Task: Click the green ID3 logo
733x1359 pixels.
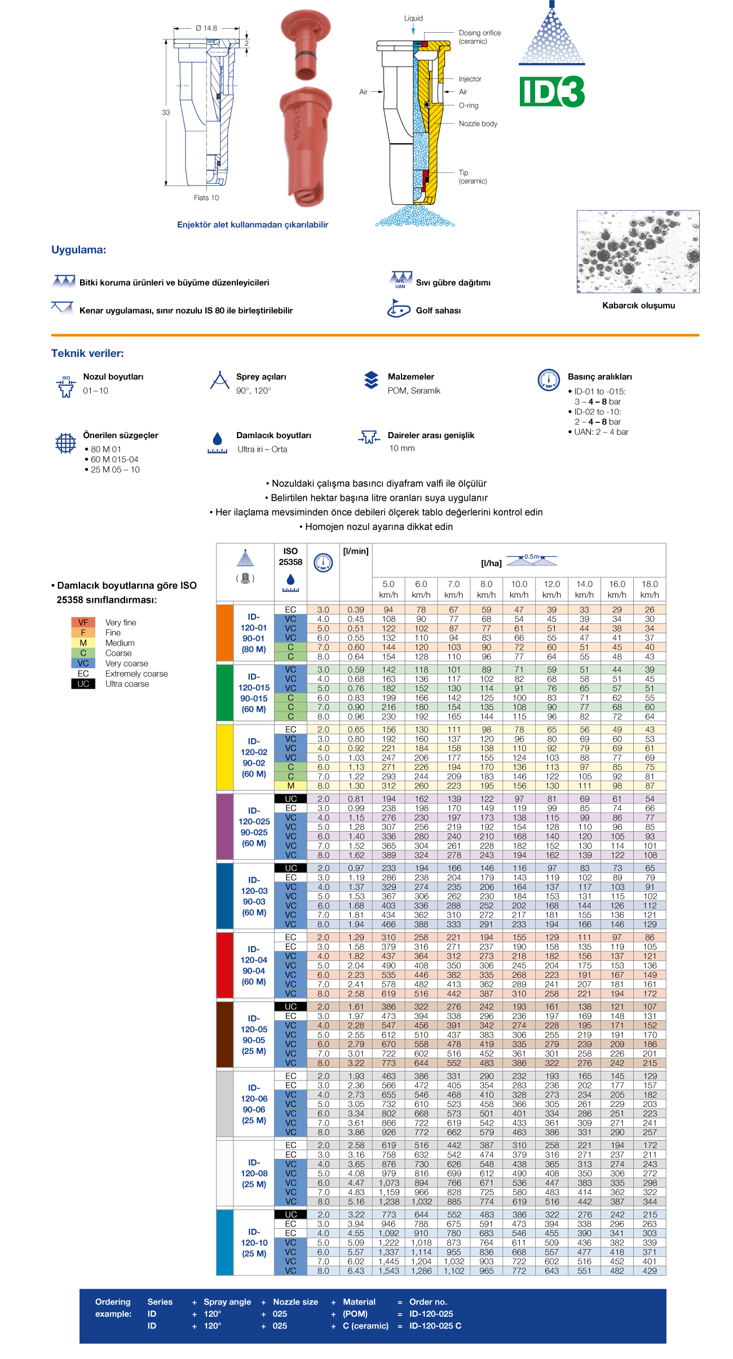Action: [551, 92]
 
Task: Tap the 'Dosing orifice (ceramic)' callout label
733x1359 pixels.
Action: [479, 37]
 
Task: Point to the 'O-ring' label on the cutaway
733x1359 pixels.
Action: [468, 105]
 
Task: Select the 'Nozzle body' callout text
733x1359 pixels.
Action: [478, 123]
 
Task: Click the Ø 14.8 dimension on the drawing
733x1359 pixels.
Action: [206, 28]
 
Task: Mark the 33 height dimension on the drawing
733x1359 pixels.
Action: [166, 112]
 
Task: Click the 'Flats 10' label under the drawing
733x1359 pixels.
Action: [206, 197]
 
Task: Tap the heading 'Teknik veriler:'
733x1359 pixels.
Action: [87, 354]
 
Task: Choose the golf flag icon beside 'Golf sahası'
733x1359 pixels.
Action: [399, 309]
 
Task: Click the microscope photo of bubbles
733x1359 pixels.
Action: [638, 251]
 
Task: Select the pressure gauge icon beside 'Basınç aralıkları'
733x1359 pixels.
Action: [549, 380]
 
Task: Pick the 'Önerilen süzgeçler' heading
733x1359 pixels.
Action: [121, 435]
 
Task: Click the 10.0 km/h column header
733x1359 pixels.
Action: [519, 589]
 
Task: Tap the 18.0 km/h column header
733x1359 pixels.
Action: [650, 589]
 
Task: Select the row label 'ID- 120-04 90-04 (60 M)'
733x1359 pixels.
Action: [254, 965]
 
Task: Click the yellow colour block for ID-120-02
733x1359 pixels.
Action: [224, 757]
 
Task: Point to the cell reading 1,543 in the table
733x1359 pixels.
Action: [388, 1270]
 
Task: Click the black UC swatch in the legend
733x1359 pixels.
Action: [83, 684]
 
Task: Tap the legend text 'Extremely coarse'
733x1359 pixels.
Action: [136, 674]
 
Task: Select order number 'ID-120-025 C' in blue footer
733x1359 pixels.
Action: [435, 1326]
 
